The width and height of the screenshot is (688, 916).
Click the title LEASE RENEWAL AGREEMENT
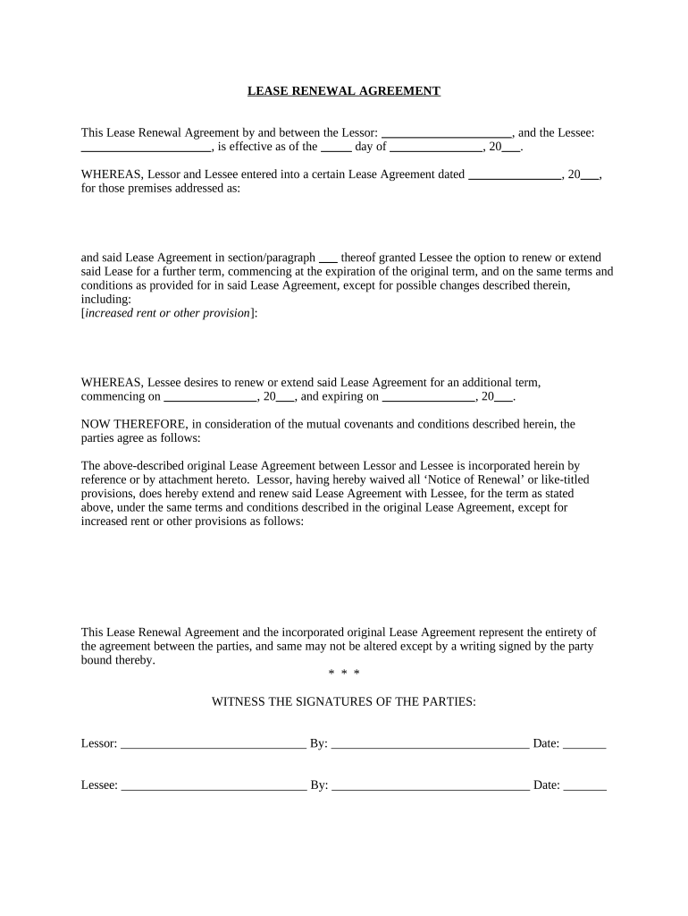coord(343,91)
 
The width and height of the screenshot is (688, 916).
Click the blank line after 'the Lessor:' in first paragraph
coord(446,133)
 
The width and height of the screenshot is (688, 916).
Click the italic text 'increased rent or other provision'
coord(167,313)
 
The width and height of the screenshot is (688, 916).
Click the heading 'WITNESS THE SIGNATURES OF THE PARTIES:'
coord(343,702)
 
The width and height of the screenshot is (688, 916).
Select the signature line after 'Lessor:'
coord(213,744)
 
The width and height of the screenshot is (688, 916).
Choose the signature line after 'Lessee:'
coord(214,786)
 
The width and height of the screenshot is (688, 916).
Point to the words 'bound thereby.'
coord(118,661)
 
